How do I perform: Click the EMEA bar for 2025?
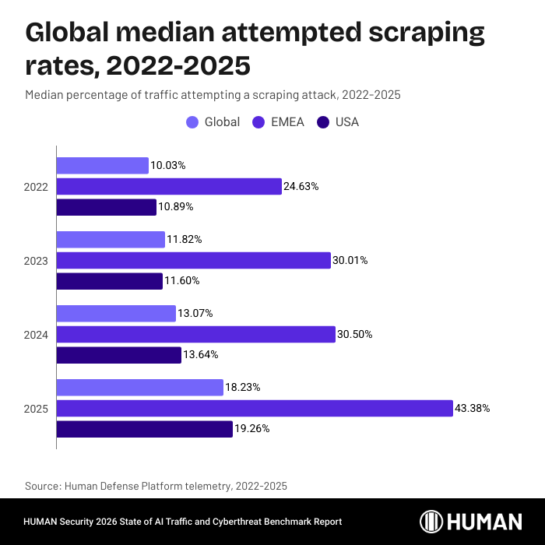click(x=255, y=408)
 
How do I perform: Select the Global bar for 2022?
click(x=103, y=165)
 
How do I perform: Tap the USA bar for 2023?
click(x=110, y=281)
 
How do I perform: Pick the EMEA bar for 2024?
click(x=195, y=334)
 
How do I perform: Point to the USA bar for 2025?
click(x=145, y=429)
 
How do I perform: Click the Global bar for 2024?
click(x=116, y=313)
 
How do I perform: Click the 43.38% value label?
click(x=473, y=408)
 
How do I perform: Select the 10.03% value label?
click(x=168, y=165)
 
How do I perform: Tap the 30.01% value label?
click(x=350, y=260)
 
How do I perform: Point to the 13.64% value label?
click(x=201, y=355)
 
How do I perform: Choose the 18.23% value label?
click(x=243, y=387)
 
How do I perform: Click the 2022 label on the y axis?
click(x=37, y=187)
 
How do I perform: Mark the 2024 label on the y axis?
click(x=37, y=335)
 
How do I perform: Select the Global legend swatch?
click(x=192, y=122)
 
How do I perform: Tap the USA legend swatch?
click(x=322, y=122)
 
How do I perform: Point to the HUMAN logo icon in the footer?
click(x=433, y=522)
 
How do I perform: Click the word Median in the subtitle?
click(x=44, y=95)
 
